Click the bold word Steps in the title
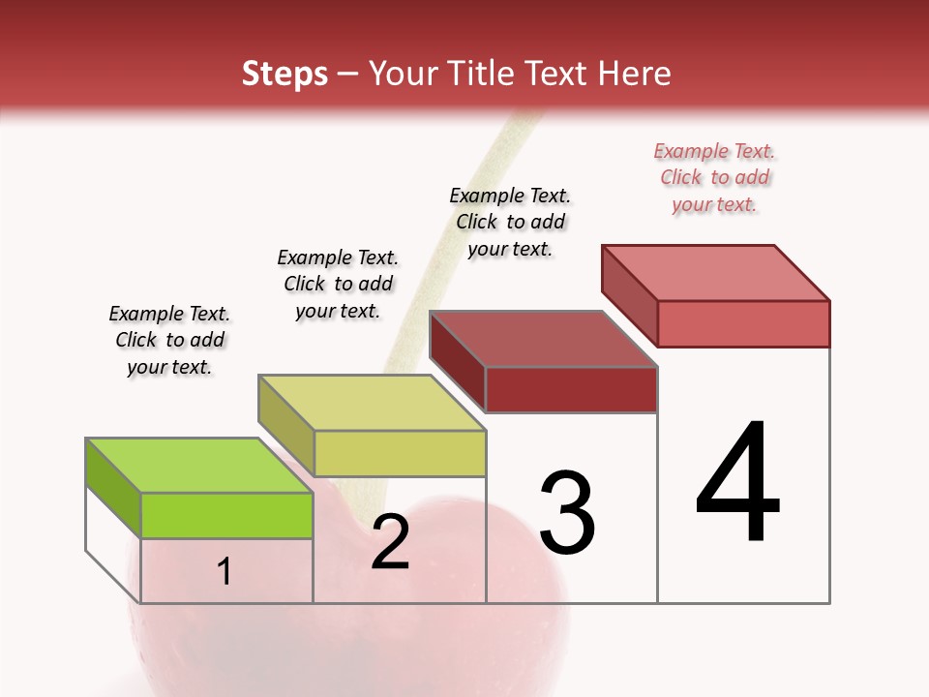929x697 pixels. click(285, 74)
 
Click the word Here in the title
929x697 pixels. click(636, 74)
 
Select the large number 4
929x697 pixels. click(738, 483)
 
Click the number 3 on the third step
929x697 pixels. click(567, 512)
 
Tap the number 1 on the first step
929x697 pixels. click(225, 571)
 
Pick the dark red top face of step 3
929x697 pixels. click(543, 340)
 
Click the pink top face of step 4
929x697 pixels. click(715, 273)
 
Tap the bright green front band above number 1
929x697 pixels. click(226, 515)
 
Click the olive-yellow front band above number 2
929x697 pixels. click(400, 453)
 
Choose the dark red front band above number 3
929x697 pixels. click(571, 390)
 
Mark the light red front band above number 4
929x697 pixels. click(743, 323)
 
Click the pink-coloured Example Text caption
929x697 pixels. click(714, 178)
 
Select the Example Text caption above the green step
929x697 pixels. click(169, 341)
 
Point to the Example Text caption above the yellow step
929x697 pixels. click(338, 285)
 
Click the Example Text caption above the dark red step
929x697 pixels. click(510, 222)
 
